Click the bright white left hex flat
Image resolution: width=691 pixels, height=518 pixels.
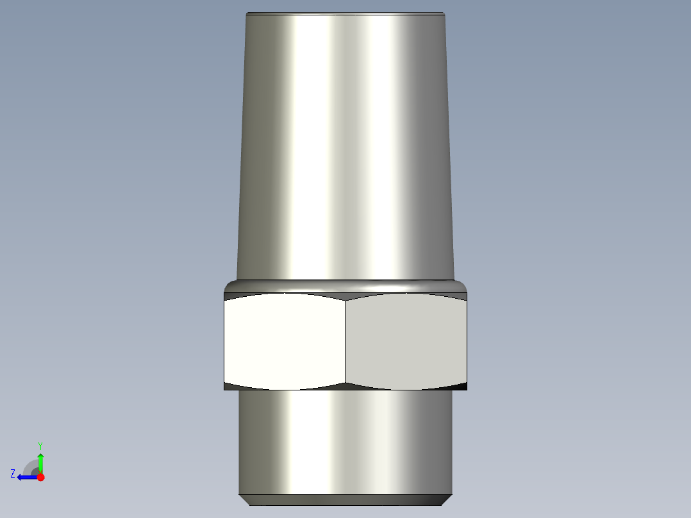284,341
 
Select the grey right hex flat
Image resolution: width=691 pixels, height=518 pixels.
406,341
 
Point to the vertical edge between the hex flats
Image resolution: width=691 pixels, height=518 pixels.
345,341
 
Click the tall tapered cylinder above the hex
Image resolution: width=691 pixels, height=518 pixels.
346,147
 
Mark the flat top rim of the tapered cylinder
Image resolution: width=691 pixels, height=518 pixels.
346,13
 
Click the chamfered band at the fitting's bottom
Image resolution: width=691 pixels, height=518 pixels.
346,499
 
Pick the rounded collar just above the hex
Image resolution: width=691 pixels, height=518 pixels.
346,285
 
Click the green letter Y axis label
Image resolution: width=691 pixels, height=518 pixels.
40,445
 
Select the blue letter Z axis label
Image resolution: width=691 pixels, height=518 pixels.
13,474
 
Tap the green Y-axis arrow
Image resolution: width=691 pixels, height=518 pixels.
40,460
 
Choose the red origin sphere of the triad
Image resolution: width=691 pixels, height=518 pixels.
40,477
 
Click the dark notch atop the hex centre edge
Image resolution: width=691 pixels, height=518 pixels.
345,297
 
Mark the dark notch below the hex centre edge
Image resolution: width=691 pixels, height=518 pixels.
345,386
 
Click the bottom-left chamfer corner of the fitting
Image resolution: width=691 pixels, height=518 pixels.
243,499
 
